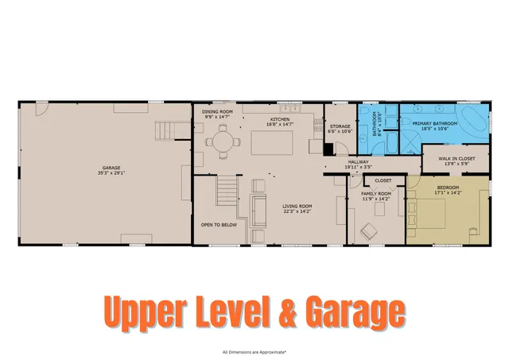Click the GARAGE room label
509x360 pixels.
click(109, 168)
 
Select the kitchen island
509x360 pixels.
click(273, 142)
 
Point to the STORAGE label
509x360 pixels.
click(340, 126)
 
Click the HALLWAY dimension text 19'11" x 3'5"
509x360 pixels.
click(358, 168)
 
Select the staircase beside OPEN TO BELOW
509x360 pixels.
click(227, 191)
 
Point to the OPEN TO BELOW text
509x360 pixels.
click(219, 225)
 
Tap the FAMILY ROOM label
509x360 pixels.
click(376, 194)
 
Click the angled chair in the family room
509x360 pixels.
click(369, 231)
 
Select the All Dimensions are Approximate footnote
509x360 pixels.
click(254, 350)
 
